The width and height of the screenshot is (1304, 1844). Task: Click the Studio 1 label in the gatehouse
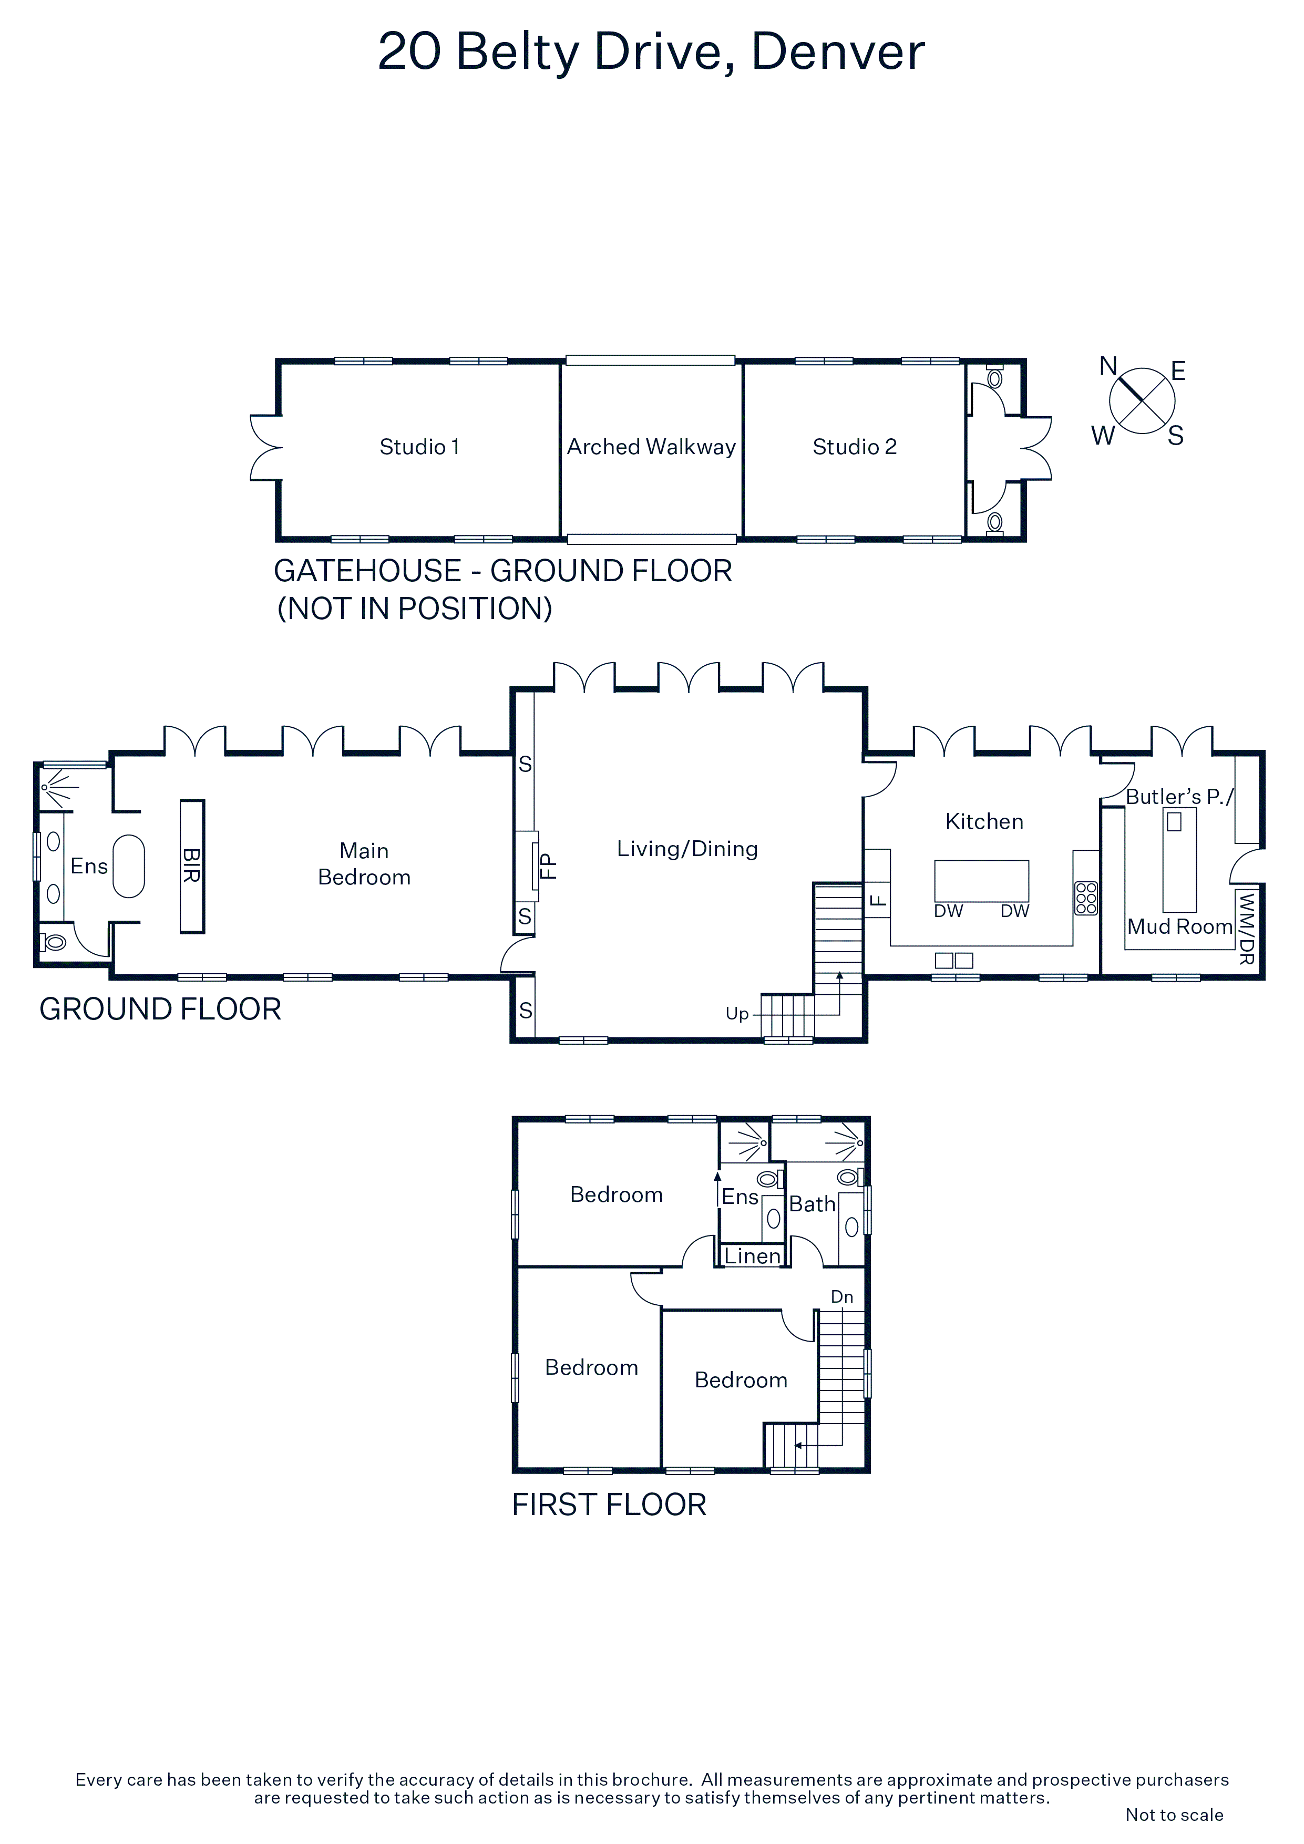coord(419,447)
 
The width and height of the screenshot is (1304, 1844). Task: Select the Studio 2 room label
coord(854,447)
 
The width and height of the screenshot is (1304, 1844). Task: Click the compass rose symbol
coord(1142,401)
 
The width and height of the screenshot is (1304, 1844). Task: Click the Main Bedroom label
coord(364,863)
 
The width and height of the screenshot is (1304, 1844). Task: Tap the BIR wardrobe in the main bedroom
coord(192,866)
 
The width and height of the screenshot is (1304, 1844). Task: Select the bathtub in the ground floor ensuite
coord(129,866)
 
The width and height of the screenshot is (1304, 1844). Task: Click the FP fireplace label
coord(548,866)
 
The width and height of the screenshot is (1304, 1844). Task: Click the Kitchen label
coord(984,821)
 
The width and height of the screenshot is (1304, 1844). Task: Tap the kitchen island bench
coord(981,881)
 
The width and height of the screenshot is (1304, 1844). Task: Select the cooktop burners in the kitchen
coord(1086,898)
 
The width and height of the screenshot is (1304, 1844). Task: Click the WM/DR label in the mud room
coord(1246,929)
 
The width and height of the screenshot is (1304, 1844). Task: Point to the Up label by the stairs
coord(737,1014)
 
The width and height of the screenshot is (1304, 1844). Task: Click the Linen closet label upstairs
coord(752,1256)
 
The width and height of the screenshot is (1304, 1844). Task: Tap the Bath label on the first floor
coord(812,1204)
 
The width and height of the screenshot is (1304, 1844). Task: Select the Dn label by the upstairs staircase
coord(842,1297)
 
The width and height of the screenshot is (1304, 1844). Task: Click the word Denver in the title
coord(838,51)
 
